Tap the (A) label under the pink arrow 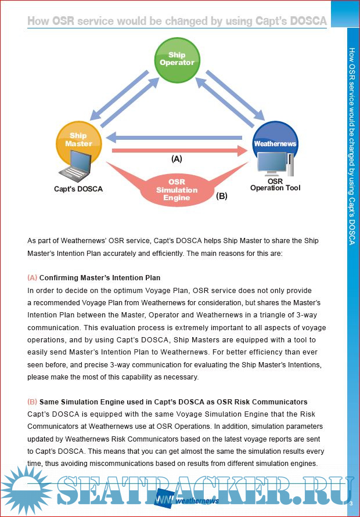pos(177,158)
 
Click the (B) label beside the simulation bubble pos(221,196)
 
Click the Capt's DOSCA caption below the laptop pos(78,189)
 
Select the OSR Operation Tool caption pos(275,185)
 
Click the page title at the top pos(177,21)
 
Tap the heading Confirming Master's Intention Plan pos(100,277)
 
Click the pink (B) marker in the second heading pos(32,402)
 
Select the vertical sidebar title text pos(351,145)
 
